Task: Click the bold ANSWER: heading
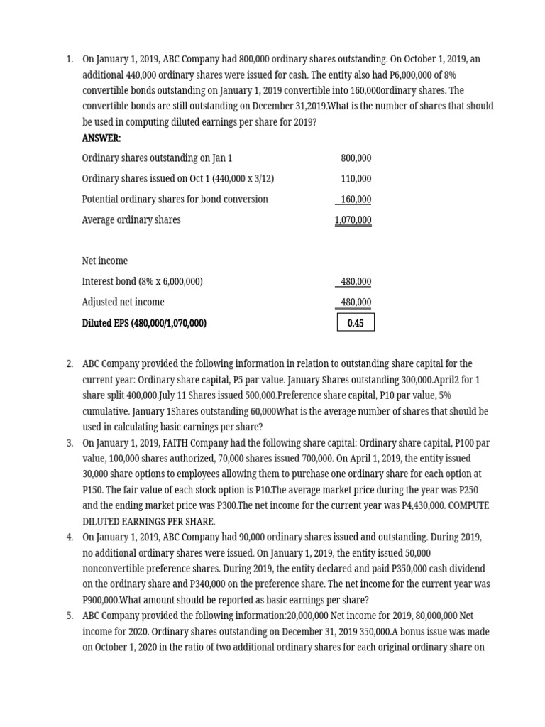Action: (101, 138)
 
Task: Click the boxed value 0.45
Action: (356, 323)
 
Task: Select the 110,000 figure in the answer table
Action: (356, 179)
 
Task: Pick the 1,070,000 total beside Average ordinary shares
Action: (353, 220)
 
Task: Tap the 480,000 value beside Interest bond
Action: (356, 282)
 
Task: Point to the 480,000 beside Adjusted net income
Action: (356, 302)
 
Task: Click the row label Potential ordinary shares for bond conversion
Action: (175, 199)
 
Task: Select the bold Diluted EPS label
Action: (144, 323)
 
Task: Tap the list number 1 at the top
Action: (70, 60)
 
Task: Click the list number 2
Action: (70, 364)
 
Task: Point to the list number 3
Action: (70, 443)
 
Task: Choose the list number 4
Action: (70, 537)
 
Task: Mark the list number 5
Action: (70, 616)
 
